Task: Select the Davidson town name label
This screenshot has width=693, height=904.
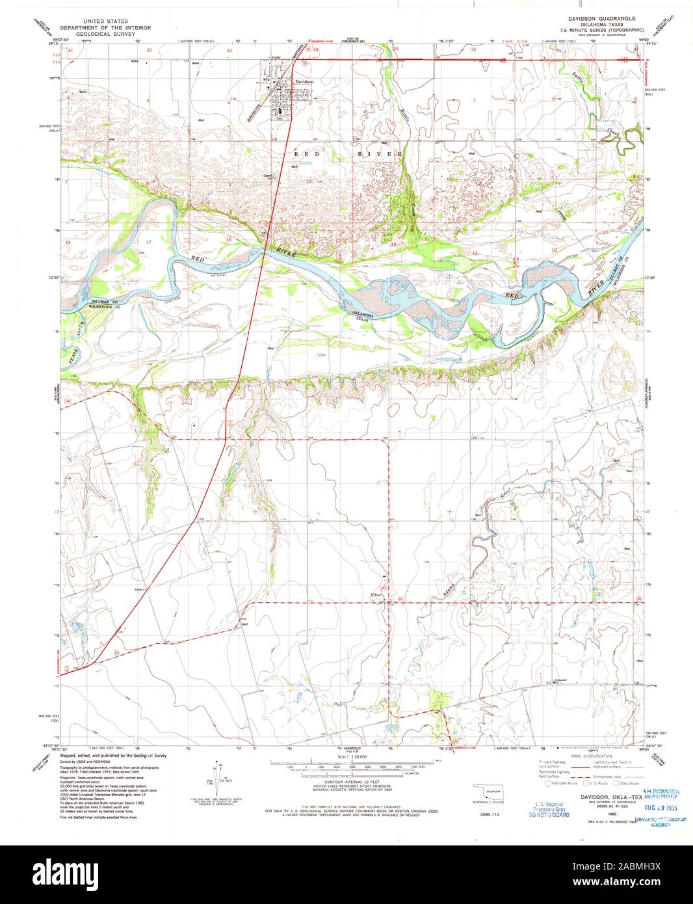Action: coord(304,82)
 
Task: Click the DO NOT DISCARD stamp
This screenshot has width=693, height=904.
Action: coord(549,814)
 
